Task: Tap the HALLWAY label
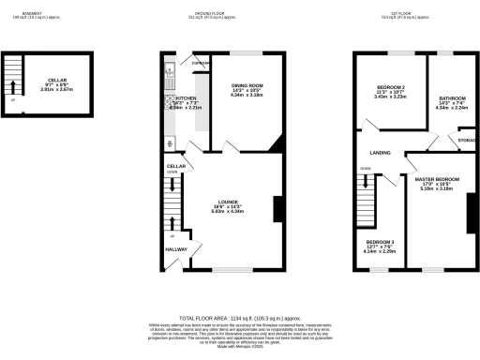click(177, 249)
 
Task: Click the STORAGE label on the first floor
click(466, 141)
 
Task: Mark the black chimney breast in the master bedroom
click(468, 216)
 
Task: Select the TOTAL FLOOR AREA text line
click(239, 318)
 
